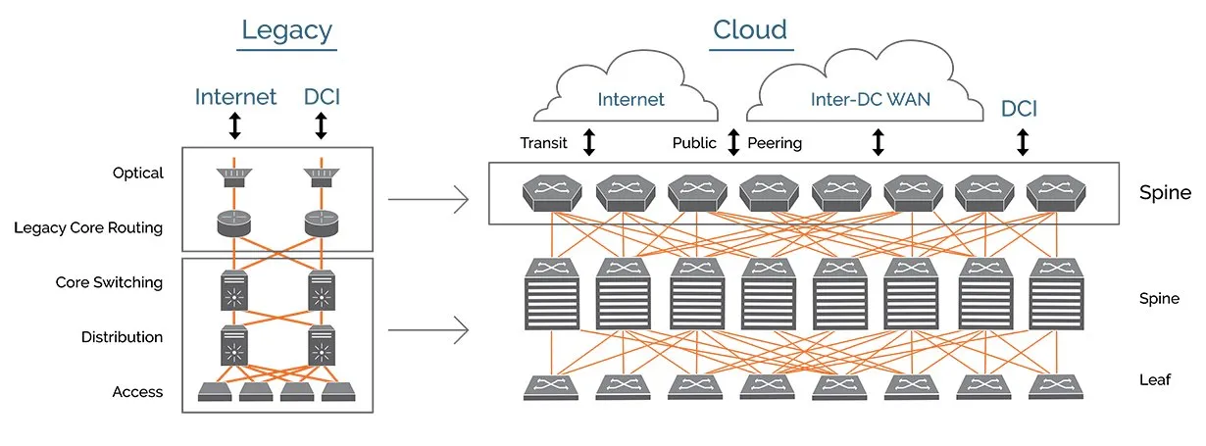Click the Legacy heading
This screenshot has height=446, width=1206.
288,31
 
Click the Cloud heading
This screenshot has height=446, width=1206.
750,31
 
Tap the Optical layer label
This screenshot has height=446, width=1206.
138,173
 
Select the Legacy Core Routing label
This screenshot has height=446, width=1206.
88,228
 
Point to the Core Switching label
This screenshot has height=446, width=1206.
109,282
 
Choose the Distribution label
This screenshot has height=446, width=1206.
123,337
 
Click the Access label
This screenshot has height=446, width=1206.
137,392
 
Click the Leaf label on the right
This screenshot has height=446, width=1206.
1156,379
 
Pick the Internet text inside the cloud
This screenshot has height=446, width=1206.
631,99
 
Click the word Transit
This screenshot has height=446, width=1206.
544,143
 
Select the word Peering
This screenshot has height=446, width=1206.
775,143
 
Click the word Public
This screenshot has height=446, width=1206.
695,143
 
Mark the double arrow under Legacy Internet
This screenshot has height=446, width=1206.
234,125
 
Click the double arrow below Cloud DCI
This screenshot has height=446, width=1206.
1023,143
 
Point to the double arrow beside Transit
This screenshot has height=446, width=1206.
588,143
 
